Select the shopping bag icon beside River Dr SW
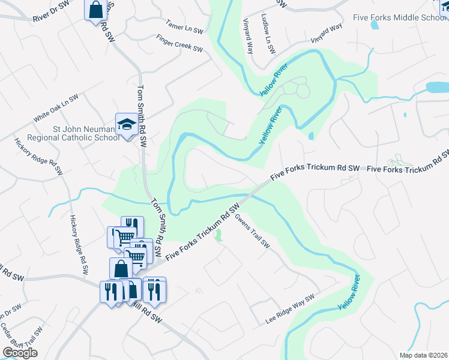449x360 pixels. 96,10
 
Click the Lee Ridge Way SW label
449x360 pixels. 290,310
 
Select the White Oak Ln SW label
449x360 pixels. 56,109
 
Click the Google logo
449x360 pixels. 20,353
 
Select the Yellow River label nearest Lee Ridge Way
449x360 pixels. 349,292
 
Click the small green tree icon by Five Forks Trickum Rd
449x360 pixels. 218,235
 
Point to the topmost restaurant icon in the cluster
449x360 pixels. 132,227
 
